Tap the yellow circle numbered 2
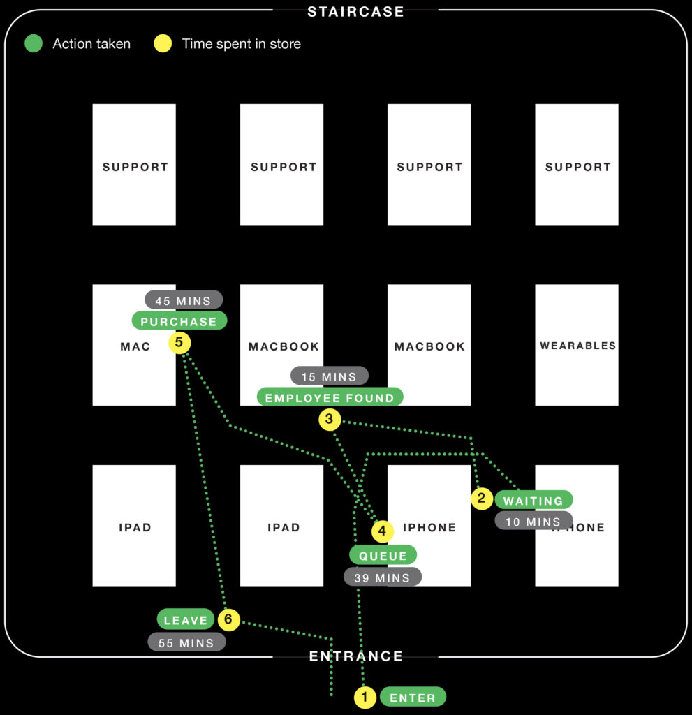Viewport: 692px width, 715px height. click(481, 499)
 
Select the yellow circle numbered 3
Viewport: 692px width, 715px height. click(330, 420)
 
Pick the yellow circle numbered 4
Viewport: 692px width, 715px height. click(382, 531)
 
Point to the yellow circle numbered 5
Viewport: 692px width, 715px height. click(179, 343)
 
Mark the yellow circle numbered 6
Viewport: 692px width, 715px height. click(228, 619)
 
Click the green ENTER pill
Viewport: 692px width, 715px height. click(412, 698)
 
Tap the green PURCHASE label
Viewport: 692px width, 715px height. click(179, 321)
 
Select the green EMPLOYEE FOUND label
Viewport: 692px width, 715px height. click(330, 397)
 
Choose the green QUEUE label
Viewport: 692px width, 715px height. click(383, 556)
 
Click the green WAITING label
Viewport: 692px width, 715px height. click(533, 500)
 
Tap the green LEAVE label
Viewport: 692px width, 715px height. click(186, 619)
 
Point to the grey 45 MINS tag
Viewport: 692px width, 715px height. click(183, 301)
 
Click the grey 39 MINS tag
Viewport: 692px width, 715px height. click(382, 577)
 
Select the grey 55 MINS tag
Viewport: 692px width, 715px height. click(186, 642)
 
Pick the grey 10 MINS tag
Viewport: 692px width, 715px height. click(533, 521)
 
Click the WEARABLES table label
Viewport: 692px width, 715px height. click(577, 345)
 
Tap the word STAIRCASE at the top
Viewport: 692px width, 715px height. click(355, 11)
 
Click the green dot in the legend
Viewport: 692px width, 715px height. click(34, 44)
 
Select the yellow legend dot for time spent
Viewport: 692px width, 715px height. click(162, 44)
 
